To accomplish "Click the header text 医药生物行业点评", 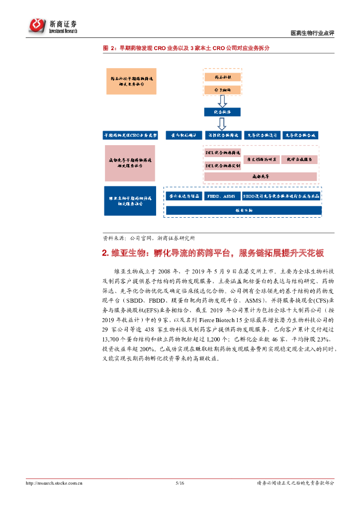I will [312, 33].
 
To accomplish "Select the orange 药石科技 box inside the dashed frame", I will [222, 78].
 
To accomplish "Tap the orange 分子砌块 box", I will [222, 89].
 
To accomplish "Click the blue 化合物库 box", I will [222, 113].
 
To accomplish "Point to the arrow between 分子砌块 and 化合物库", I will [222, 101].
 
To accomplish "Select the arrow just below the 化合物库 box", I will [222, 124].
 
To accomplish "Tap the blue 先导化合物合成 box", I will [300, 135].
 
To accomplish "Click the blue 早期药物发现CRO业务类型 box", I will [130, 135].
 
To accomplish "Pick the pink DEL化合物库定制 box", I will [223, 165].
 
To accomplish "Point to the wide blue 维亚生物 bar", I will [243, 210].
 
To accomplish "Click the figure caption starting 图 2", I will [186, 48].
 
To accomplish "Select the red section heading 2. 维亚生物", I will [213, 254].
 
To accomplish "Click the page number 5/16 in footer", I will [180, 483].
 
